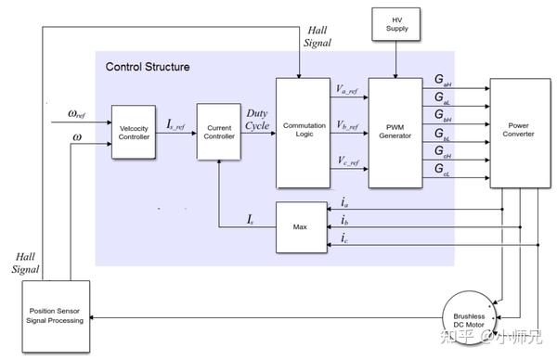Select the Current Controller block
pyautogui.click(x=219, y=133)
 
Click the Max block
pyautogui.click(x=301, y=226)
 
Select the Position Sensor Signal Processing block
pyautogui.click(x=57, y=315)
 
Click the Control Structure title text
pyautogui.click(x=148, y=67)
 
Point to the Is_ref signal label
pyautogui.click(x=174, y=122)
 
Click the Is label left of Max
pyautogui.click(x=251, y=219)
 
